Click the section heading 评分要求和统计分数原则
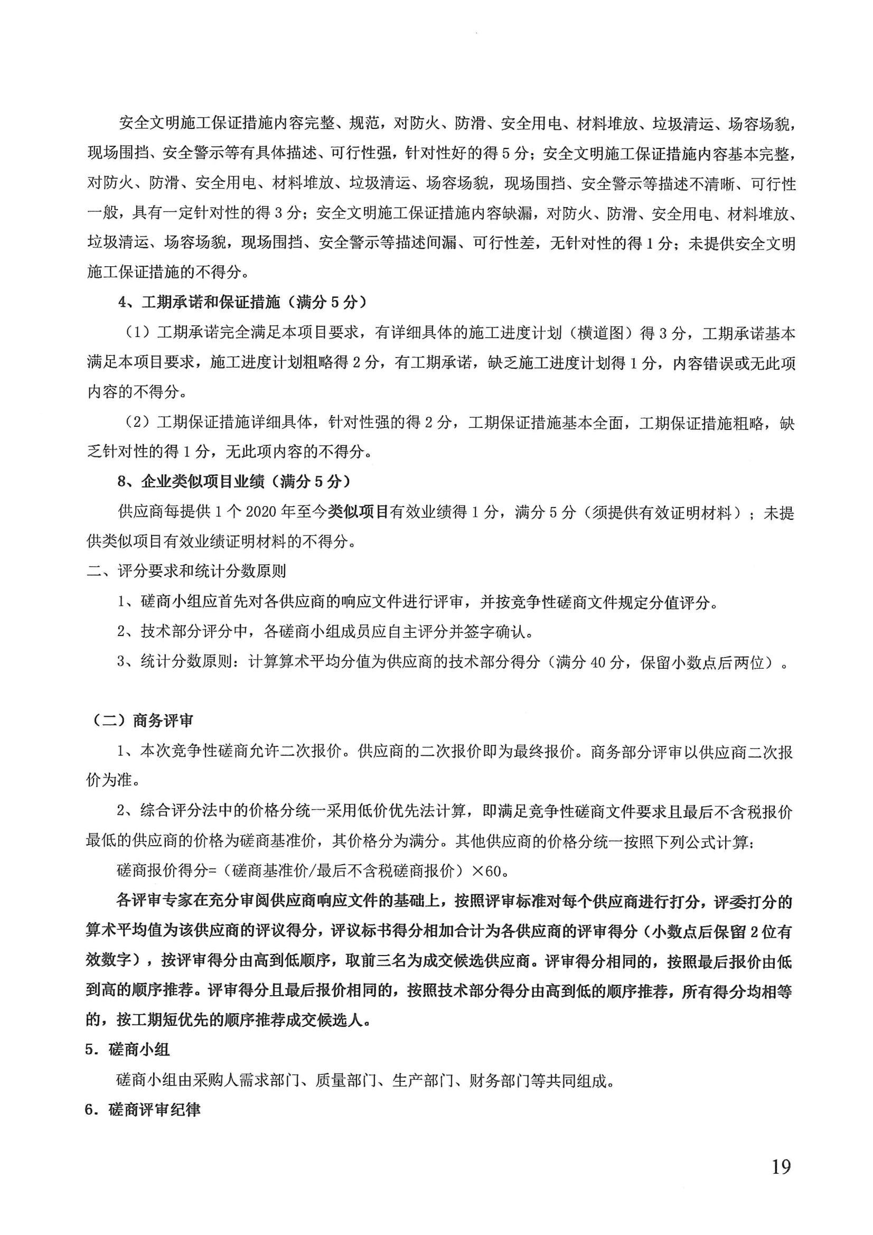(202, 570)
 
